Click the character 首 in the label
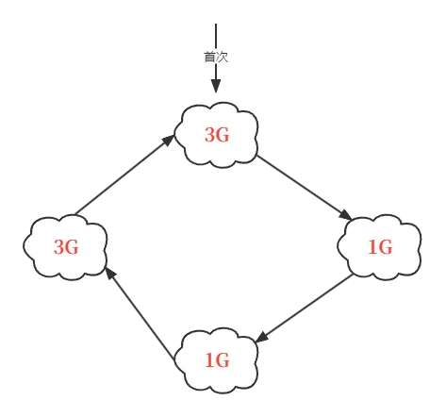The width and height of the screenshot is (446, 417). click(210, 57)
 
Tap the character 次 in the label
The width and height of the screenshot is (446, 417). click(222, 57)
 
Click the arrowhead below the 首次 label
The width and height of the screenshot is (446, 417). click(216, 86)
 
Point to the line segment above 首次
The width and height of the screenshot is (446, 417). click(216, 36)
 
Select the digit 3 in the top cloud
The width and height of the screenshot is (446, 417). click(210, 135)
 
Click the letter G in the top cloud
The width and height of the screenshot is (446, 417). click(223, 135)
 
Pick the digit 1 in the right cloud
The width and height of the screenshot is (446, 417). click(372, 246)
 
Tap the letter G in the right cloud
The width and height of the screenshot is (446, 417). click(386, 246)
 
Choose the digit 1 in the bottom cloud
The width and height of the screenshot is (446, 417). click(210, 359)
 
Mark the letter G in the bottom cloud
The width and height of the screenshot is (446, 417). click(223, 359)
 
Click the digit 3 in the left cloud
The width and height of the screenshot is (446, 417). click(59, 246)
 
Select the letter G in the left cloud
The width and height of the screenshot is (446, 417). click(72, 246)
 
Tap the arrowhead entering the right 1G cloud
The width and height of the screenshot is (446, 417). click(346, 216)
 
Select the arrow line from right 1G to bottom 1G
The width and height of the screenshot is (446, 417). click(305, 309)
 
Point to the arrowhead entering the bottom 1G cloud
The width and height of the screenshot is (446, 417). click(262, 338)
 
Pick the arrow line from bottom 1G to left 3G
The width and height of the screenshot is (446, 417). click(140, 313)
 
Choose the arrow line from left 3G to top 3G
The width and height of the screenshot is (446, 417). click(124, 175)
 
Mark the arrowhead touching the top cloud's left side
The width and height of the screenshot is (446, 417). click(169, 140)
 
